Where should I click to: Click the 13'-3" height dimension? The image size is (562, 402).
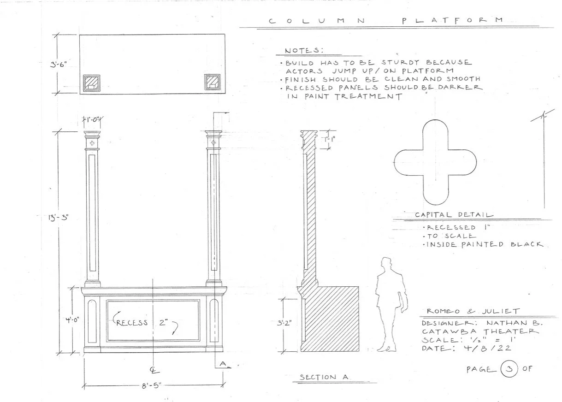click(x=59, y=218)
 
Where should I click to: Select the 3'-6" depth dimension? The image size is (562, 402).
click(x=59, y=65)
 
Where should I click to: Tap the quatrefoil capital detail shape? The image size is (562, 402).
click(x=433, y=162)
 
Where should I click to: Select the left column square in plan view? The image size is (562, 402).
click(x=91, y=83)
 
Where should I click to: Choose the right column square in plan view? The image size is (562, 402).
click(x=212, y=82)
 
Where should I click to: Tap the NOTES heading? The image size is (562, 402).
click(x=304, y=50)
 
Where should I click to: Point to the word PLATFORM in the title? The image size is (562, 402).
click(x=451, y=20)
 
